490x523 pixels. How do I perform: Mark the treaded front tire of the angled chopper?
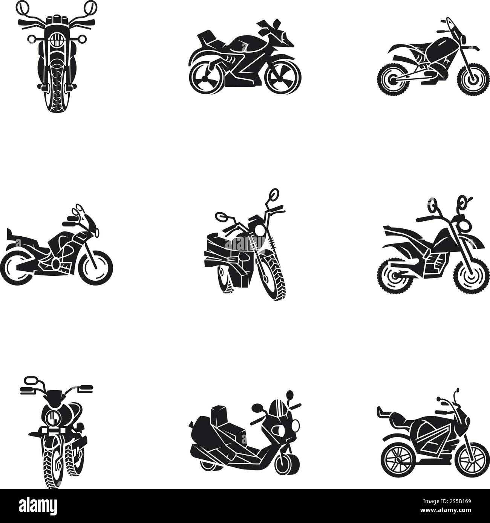point(274,277)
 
